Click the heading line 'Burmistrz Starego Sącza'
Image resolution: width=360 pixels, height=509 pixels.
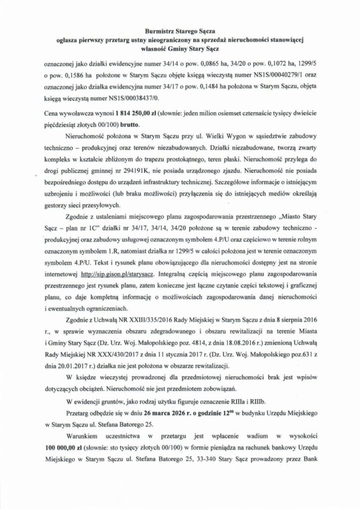(x=180, y=31)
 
